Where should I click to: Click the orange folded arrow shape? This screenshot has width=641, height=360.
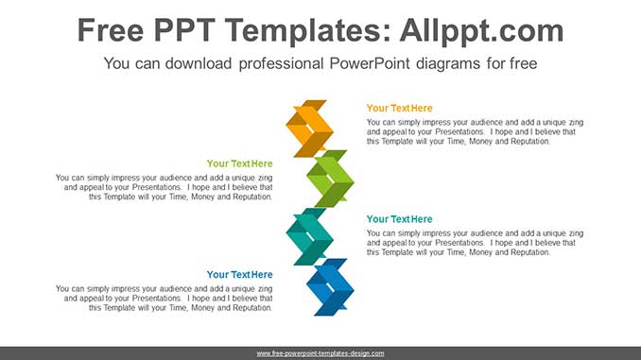tap(309, 129)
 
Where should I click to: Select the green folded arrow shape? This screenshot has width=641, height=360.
tap(330, 179)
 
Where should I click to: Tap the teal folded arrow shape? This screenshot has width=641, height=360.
tap(309, 236)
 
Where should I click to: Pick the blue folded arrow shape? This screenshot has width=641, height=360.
tap(330, 286)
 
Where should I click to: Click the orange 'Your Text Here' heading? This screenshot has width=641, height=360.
tap(399, 109)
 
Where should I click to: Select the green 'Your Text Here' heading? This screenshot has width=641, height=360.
tap(239, 164)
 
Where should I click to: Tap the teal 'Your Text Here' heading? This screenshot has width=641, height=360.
tap(399, 219)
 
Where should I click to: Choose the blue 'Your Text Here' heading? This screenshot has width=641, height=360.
tap(239, 275)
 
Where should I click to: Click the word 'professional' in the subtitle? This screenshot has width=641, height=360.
tap(291, 64)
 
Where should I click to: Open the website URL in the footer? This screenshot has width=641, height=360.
tap(320, 353)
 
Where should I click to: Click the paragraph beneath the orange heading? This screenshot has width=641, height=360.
tap(475, 131)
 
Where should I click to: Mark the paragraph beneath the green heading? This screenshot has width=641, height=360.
tap(165, 187)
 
